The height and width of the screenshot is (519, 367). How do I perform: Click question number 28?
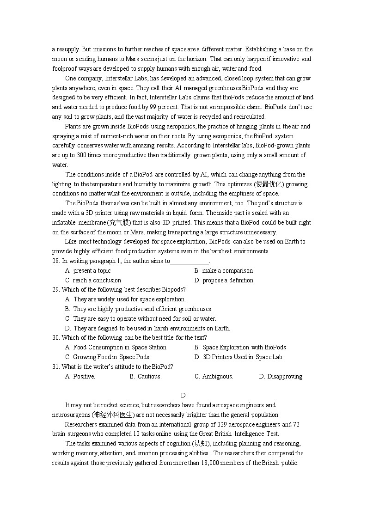tap(56, 261)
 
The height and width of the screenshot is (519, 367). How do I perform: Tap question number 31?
tap(56, 366)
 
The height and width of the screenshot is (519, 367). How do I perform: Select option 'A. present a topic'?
tap(88, 271)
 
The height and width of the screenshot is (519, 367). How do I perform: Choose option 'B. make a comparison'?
tap(223, 271)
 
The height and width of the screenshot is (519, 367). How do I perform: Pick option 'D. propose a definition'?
tap(224, 281)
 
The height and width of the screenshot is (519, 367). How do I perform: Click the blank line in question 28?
tap(190, 262)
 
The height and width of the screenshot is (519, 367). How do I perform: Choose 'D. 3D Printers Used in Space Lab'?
tap(238, 357)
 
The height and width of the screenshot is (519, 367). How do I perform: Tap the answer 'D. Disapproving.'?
tap(281, 377)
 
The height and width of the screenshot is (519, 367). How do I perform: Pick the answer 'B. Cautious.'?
tap(146, 377)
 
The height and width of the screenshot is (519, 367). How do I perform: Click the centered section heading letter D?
tap(183, 395)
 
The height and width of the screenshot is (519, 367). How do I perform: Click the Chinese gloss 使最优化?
tap(268, 184)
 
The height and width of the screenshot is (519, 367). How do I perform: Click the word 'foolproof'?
tap(65, 69)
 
